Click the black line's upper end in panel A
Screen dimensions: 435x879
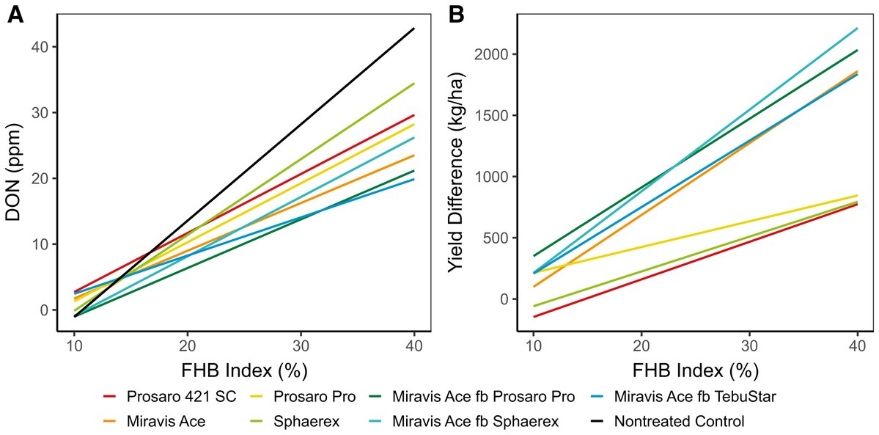coord(414,29)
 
